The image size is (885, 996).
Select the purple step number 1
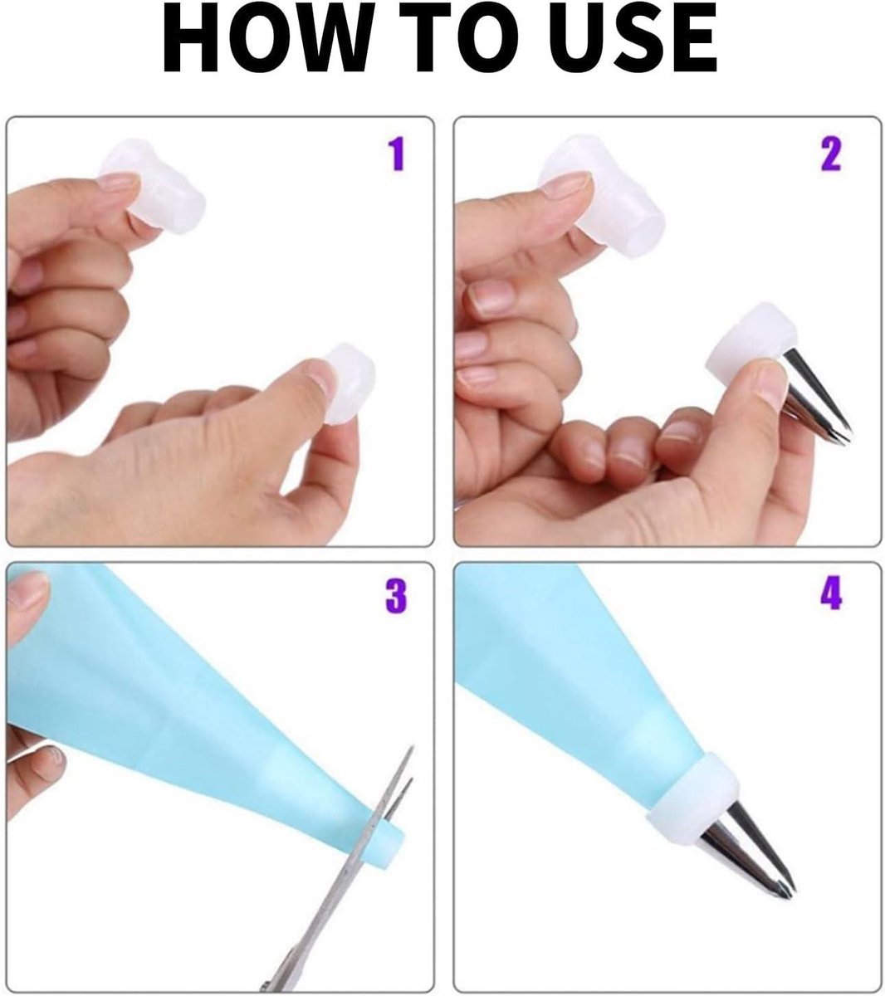397,155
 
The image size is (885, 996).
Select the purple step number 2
830,155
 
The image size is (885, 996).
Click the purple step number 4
830,594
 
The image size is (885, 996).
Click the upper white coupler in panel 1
166,191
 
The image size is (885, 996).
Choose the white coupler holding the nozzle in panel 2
747,349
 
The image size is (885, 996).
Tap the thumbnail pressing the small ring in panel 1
320,378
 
